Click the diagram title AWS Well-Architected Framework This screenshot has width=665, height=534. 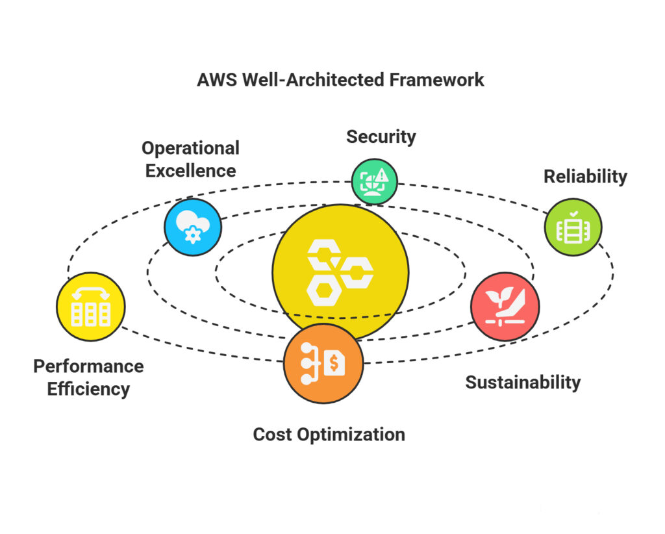click(x=340, y=80)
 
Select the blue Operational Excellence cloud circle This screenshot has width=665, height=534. click(x=193, y=227)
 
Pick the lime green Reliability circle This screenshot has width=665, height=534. click(x=573, y=227)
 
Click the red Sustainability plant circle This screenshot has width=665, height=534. click(x=505, y=306)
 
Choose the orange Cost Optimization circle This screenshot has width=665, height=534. click(x=323, y=364)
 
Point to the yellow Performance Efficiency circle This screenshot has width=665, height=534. click(x=90, y=307)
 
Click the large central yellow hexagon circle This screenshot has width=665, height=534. click(x=340, y=272)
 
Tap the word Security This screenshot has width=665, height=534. click(x=381, y=136)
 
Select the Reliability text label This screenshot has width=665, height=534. click(x=585, y=176)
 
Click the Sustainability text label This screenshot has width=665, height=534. click(x=523, y=382)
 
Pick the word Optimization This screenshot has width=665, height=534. click(x=351, y=434)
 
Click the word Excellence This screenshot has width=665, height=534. click(x=190, y=170)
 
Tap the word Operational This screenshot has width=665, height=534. click(x=190, y=148)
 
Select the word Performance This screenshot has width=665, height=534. click(x=88, y=366)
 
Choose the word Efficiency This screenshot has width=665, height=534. click(x=88, y=389)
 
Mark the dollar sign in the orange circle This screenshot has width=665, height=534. click(x=334, y=364)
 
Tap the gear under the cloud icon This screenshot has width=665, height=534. click(x=193, y=234)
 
